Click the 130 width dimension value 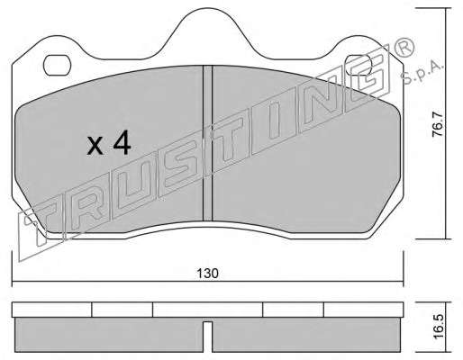tap(207, 274)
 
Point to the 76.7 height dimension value tap(437, 124)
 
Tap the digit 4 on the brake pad tap(123, 142)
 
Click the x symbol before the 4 tap(95, 146)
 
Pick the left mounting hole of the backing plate tap(57, 65)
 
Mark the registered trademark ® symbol tap(404, 48)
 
